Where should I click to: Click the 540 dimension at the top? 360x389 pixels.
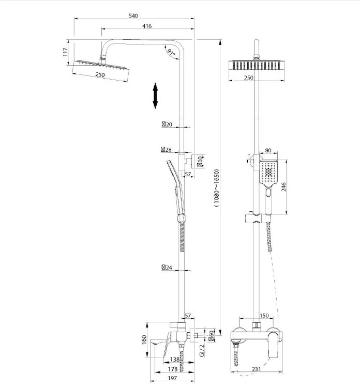[133, 15]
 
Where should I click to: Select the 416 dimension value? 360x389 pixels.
[147, 26]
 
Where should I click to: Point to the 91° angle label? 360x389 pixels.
[171, 52]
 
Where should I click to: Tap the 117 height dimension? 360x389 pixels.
[65, 52]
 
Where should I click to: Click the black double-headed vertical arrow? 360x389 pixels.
[155, 96]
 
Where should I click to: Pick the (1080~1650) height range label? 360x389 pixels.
[216, 188]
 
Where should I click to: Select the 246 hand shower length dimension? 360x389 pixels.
[283, 187]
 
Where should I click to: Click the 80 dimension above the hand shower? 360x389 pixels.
[268, 150]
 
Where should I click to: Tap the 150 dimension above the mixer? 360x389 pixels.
[264, 315]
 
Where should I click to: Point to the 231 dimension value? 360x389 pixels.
[257, 369]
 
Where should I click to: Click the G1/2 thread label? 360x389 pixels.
[202, 350]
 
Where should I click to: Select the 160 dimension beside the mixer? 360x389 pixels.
[144, 339]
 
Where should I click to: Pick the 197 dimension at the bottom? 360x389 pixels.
[172, 378]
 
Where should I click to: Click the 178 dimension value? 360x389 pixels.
[173, 369]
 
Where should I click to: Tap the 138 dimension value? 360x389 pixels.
[175, 359]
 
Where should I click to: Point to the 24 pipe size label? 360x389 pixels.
[167, 268]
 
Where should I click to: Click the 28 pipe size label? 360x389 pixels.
[166, 150]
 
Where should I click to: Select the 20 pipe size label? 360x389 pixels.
[167, 125]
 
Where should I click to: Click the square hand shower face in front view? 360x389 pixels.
[268, 173]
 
